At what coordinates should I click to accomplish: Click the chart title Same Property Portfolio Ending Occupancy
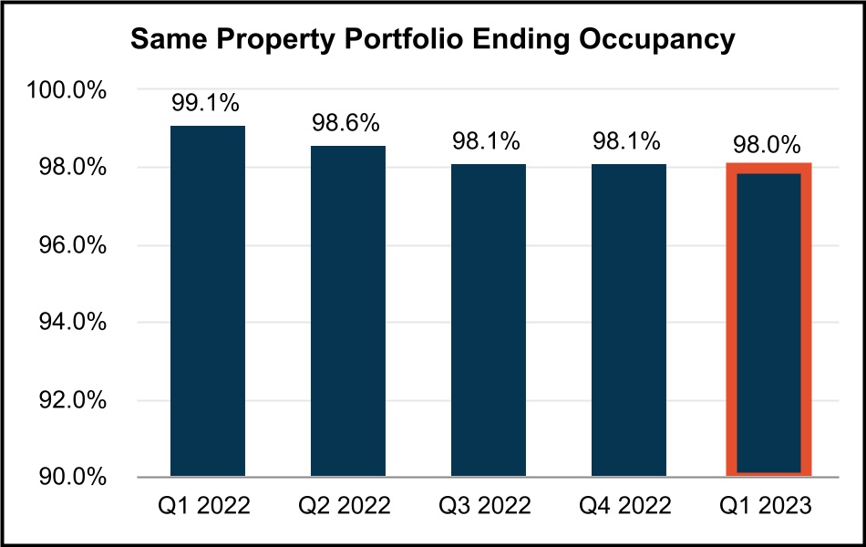[x=432, y=40]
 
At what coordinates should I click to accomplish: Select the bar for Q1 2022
[x=208, y=301]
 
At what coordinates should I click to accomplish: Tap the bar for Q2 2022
[x=348, y=311]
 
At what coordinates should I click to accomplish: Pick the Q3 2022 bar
[x=488, y=320]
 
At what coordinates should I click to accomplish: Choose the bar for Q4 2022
[x=628, y=320]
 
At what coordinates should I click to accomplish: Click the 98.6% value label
[x=348, y=123]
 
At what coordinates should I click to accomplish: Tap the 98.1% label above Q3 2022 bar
[x=488, y=142]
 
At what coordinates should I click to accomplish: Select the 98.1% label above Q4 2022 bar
[x=628, y=142]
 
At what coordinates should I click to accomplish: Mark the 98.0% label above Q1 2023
[x=768, y=145]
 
